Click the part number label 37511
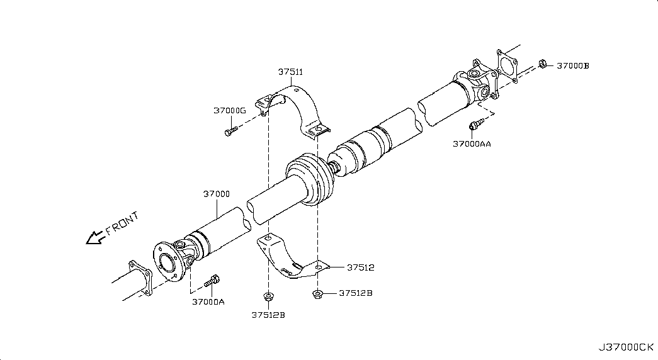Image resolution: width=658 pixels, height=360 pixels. pos(291,72)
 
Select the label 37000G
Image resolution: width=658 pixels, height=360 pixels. pos(229,110)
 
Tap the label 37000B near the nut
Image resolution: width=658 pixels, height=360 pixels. pos(572,65)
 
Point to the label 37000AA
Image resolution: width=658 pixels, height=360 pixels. pos(472,143)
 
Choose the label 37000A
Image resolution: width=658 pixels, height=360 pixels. pos(208,301)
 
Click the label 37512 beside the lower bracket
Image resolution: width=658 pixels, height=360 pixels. pos(360,267)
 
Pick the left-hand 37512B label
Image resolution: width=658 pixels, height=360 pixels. pos(268,315)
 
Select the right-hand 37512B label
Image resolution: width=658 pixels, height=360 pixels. pos(356,293)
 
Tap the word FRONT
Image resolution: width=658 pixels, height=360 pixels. pos(122,223)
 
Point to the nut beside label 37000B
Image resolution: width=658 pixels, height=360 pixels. pos(543,64)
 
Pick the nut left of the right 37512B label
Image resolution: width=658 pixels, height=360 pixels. pos(318,293)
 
